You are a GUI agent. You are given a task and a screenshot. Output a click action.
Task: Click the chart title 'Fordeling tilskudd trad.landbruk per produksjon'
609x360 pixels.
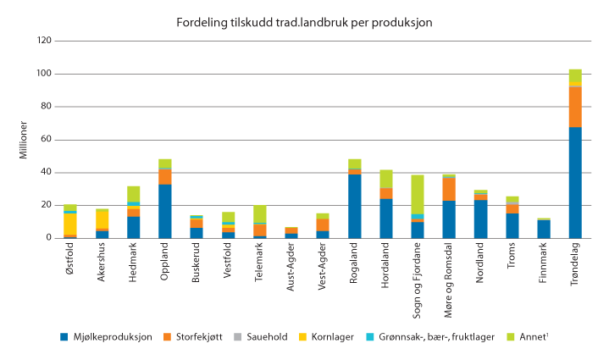(x=304, y=20)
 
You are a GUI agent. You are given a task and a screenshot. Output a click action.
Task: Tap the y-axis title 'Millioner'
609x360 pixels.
(x=23, y=139)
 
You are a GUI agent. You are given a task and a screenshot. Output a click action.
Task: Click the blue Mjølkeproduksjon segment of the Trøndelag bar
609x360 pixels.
(x=575, y=182)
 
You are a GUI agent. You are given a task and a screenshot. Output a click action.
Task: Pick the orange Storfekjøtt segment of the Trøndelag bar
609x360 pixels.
(x=575, y=107)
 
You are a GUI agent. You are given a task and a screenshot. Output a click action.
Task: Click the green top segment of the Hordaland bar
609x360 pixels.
(x=386, y=179)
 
